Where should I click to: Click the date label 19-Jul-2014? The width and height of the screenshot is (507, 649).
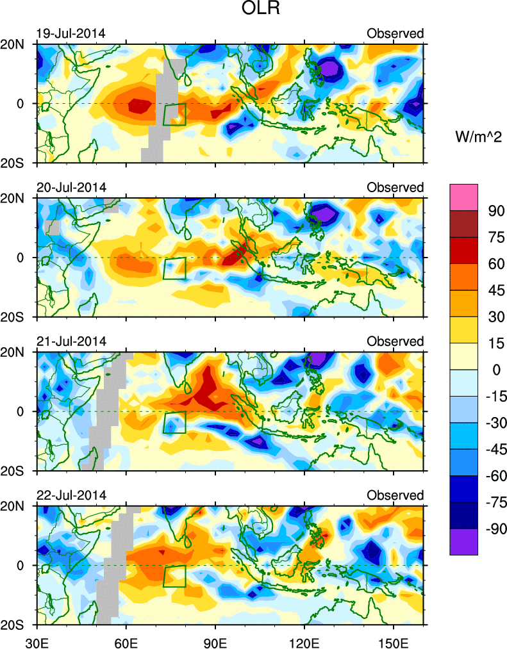[71, 33]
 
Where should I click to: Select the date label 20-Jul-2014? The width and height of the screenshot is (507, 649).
[71, 187]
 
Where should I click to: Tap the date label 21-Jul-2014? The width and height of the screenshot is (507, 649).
[71, 341]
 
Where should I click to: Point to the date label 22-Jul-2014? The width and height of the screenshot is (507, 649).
[71, 495]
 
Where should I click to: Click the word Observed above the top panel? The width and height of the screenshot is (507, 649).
[395, 33]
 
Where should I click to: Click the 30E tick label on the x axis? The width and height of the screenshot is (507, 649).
[36, 641]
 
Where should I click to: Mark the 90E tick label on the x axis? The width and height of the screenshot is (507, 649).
[215, 641]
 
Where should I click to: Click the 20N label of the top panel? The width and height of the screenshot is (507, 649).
[17, 44]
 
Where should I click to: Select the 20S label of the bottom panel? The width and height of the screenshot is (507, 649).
[17, 625]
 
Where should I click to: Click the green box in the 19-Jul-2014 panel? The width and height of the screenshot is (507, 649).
[174, 114]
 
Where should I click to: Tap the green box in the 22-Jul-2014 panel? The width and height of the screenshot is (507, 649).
[174, 576]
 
